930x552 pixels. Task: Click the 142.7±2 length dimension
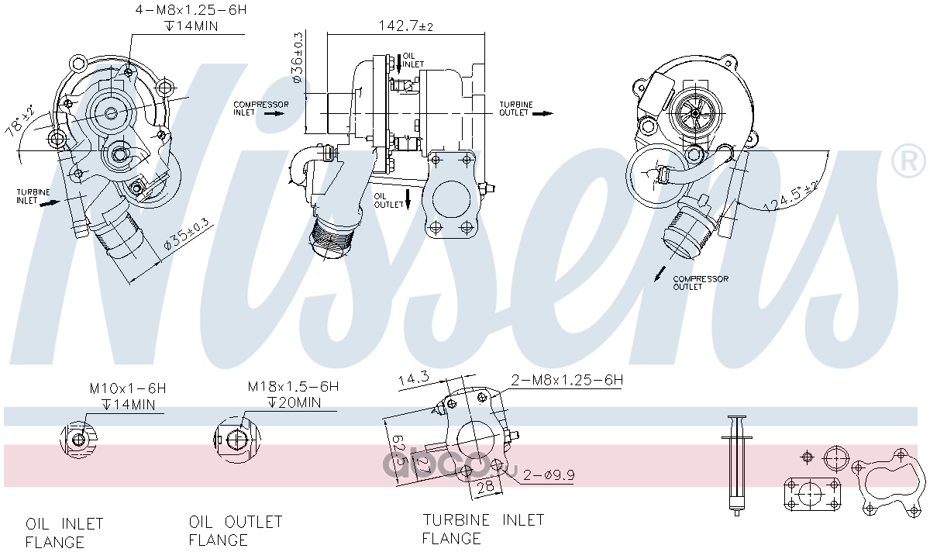click(405, 26)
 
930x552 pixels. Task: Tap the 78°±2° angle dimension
click(19, 121)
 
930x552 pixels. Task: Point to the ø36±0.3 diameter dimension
click(298, 57)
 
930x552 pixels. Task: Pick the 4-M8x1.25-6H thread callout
click(191, 9)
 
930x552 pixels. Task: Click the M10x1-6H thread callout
click(127, 388)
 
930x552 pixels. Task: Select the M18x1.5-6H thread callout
click(293, 387)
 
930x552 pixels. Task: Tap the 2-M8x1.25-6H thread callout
click(567, 380)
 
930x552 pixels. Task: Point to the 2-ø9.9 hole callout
click(549, 474)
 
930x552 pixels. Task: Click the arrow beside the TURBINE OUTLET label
click(543, 113)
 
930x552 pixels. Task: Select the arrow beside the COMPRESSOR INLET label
click(275, 113)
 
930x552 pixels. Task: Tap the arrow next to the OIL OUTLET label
click(408, 199)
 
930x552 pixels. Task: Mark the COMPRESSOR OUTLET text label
click(701, 283)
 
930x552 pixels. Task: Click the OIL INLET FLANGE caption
click(64, 533)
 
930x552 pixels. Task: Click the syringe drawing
click(737, 466)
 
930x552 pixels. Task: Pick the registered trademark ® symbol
click(908, 160)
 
